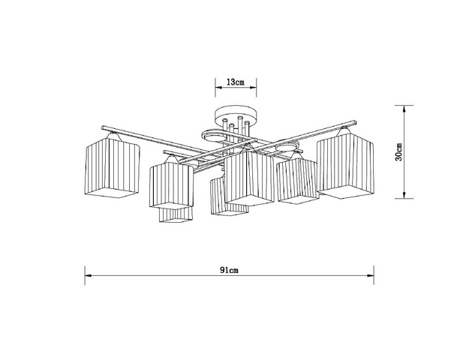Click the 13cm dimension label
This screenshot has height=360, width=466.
236,82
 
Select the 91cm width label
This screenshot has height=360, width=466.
229,270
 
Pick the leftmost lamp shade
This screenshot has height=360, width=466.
113,167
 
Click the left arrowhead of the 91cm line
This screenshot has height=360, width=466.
88,276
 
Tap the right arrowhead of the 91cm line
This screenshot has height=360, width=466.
370,276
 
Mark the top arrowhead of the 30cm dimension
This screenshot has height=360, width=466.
404,109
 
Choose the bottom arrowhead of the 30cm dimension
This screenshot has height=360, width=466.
404,195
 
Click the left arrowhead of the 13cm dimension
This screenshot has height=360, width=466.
218,87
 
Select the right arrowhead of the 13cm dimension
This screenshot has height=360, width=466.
253,87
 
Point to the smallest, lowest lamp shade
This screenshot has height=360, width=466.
176,214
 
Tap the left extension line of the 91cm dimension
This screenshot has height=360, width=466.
85,275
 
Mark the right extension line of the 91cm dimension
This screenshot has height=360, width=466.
374,275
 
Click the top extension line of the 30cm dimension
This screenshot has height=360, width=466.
404,105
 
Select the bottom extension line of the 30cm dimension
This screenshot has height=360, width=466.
404,199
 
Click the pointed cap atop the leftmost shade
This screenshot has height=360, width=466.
113,136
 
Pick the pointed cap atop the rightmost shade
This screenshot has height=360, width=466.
344,130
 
